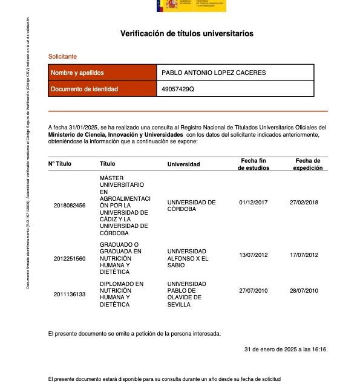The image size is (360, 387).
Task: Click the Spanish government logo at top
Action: point(191,5)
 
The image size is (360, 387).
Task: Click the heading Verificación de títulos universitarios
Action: point(187,34)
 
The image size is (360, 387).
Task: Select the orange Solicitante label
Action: point(62,56)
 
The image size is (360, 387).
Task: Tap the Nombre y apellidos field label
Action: point(77,73)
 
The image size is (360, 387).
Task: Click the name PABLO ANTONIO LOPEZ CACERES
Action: point(214,73)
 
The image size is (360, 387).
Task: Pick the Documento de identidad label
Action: point(84,89)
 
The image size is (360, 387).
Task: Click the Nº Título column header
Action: point(60,164)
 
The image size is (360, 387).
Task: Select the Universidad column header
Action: point(183,164)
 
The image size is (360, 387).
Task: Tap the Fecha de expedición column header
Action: point(307,164)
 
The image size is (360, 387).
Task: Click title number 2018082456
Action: point(70,206)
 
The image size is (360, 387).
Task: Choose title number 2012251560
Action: point(70,258)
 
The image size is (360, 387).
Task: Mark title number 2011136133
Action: point(70,294)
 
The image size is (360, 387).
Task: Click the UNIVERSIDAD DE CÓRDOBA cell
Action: point(191,206)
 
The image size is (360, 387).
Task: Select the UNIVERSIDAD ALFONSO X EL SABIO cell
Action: point(188,258)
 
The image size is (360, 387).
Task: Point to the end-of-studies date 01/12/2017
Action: point(254,202)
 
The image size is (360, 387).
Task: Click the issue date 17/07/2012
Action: point(304,255)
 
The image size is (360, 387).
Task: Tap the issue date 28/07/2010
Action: point(304,291)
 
